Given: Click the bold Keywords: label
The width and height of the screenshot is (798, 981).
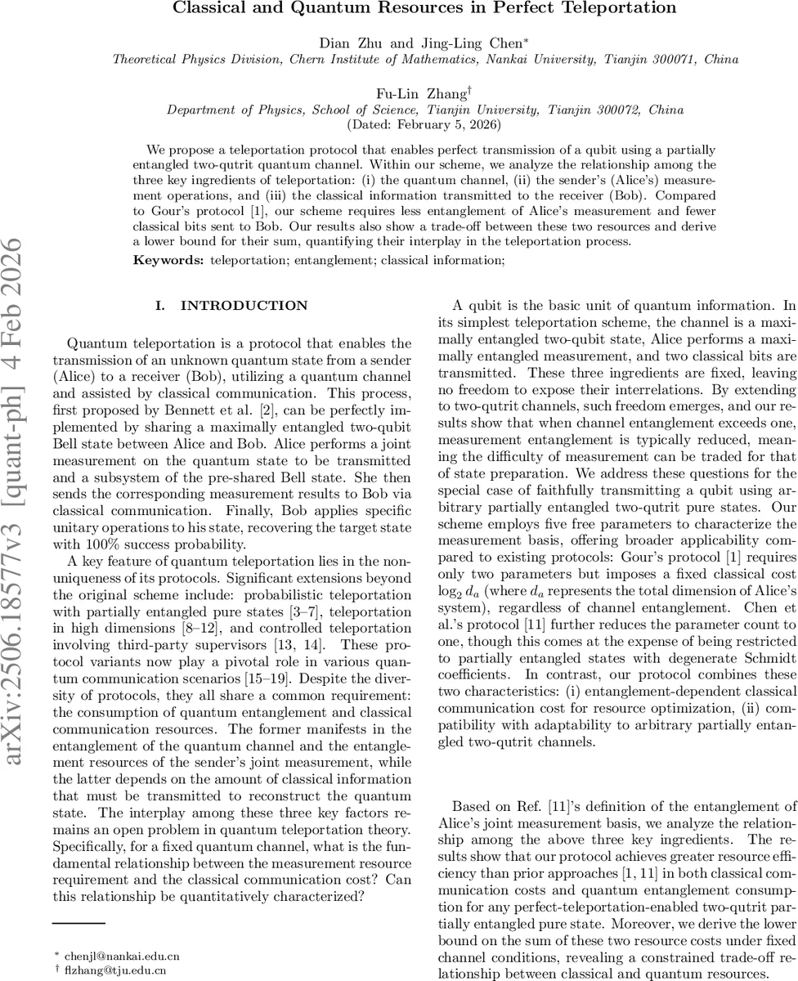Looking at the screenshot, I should point(169,260).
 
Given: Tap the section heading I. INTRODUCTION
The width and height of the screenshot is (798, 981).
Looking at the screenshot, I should point(231,306).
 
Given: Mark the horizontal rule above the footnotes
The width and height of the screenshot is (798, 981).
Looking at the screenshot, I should point(78,924).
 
